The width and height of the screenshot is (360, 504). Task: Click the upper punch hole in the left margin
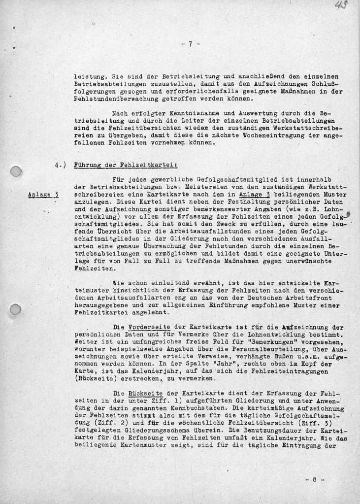click(16, 173)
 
